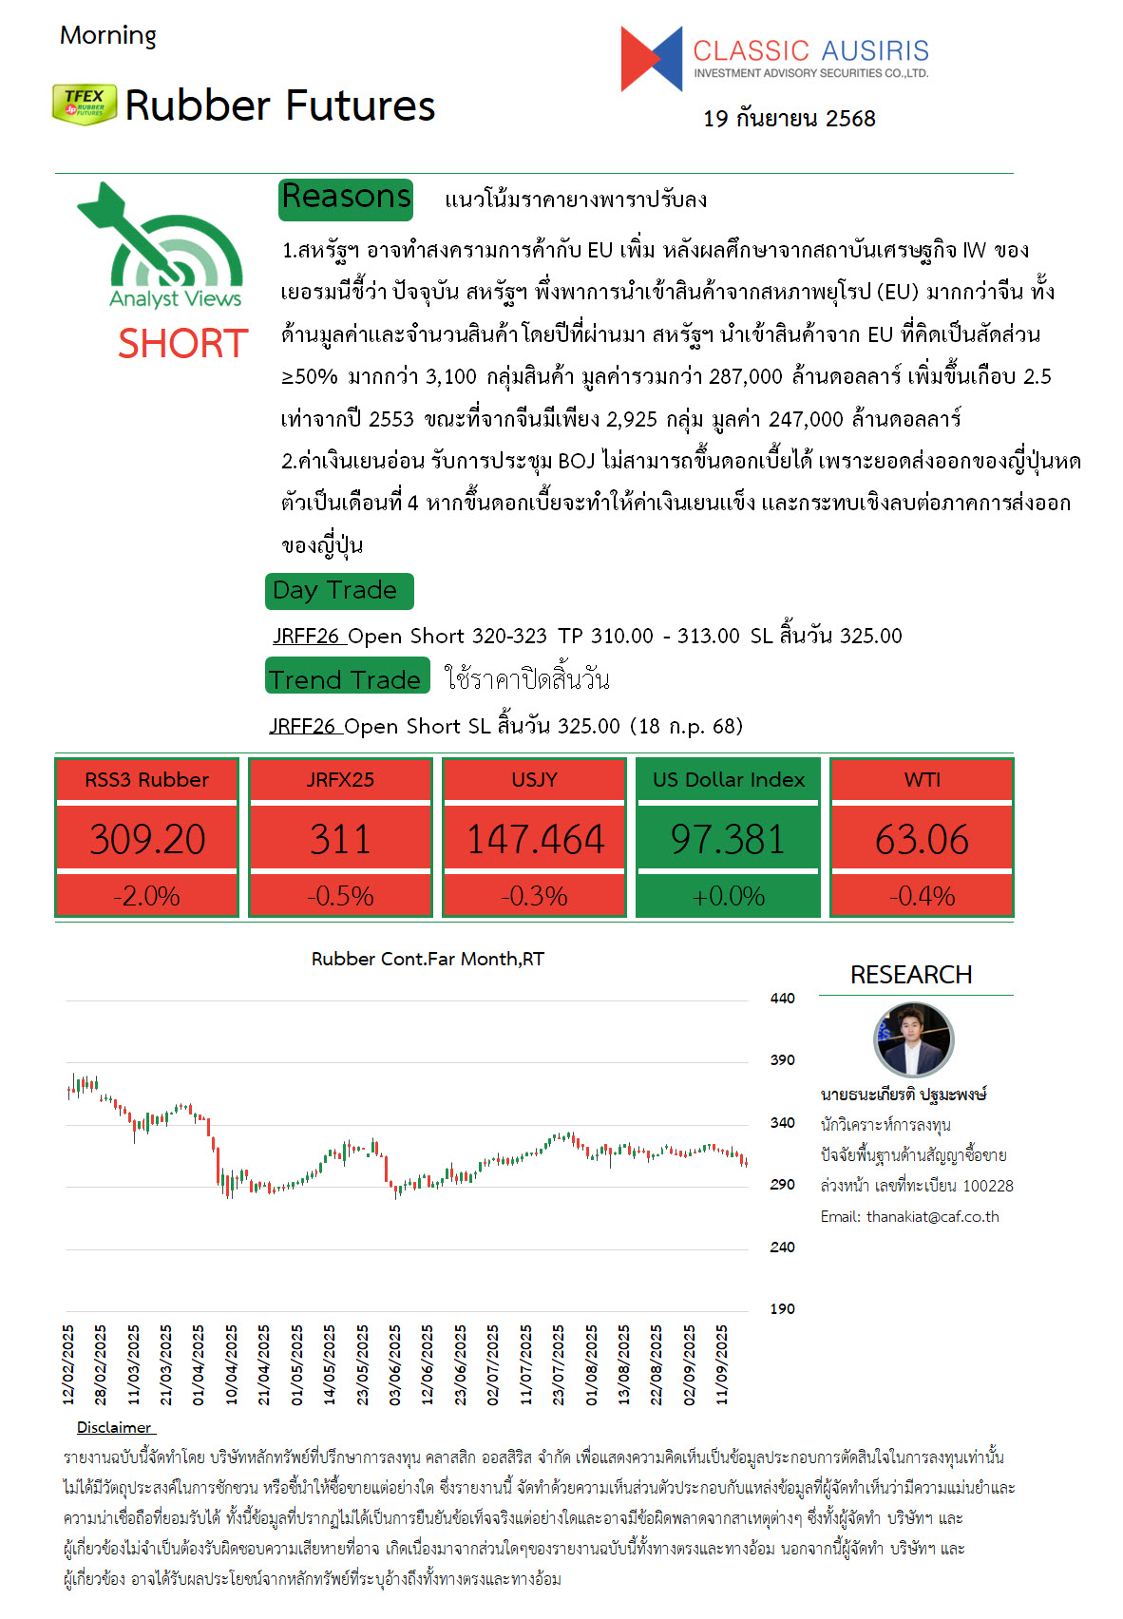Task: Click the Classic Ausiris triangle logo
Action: click(x=652, y=59)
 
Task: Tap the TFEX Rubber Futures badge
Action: click(x=85, y=104)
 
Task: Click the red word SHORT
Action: click(x=182, y=343)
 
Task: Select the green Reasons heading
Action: click(x=347, y=198)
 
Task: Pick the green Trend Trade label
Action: click(x=347, y=679)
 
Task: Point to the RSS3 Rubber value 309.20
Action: click(x=147, y=839)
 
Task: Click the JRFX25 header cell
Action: click(x=340, y=780)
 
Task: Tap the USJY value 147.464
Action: click(x=535, y=839)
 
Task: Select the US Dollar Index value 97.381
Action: click(x=728, y=839)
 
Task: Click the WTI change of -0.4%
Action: click(x=922, y=896)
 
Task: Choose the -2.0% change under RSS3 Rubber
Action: click(x=147, y=896)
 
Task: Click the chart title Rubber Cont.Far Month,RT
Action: click(x=428, y=959)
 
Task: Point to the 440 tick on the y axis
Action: click(x=782, y=999)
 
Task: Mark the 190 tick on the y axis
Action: click(x=782, y=1309)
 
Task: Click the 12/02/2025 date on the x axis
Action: click(x=68, y=1364)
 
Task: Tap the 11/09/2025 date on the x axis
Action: click(x=722, y=1364)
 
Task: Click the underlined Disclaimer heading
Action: click(x=115, y=1427)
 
